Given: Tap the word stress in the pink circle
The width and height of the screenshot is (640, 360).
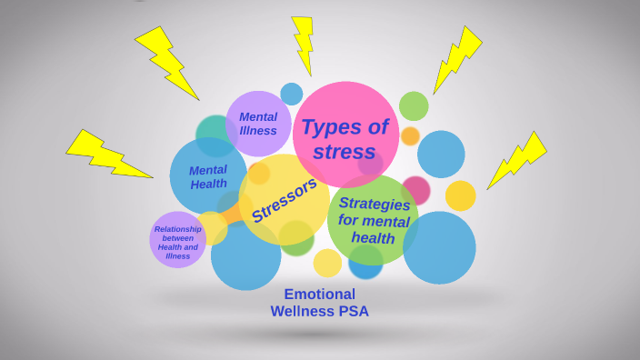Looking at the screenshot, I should [x=344, y=151].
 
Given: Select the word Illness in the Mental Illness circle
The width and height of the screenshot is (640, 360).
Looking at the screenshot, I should [x=257, y=131].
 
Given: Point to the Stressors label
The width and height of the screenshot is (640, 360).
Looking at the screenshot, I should [x=284, y=200].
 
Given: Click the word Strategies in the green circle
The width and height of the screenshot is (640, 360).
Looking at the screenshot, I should [x=374, y=204].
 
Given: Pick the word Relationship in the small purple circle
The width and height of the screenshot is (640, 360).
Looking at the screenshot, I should [x=177, y=229].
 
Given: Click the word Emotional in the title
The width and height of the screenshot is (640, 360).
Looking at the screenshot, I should [x=319, y=294].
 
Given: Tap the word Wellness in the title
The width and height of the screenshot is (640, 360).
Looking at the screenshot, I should [x=303, y=312].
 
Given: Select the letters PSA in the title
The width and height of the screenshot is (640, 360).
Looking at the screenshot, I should [x=353, y=312].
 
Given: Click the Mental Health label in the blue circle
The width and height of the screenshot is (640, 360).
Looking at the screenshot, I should [x=208, y=176].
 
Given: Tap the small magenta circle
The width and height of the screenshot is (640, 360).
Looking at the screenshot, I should [x=415, y=190].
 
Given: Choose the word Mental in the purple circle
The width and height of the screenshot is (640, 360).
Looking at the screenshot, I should [x=258, y=116].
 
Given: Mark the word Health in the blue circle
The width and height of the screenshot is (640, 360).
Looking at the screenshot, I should [x=208, y=185].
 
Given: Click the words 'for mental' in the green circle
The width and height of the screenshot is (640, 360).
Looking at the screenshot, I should [x=374, y=221].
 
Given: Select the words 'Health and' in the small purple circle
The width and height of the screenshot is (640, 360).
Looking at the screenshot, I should [x=177, y=247].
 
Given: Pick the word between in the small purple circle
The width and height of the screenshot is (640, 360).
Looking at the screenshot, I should [x=177, y=238].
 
